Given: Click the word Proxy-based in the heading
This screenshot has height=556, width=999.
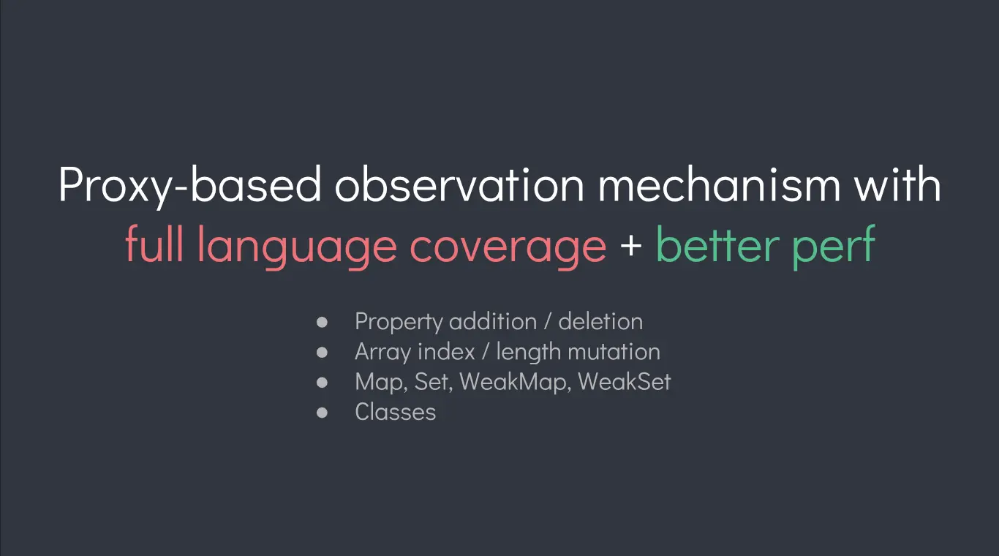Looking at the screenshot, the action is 189,185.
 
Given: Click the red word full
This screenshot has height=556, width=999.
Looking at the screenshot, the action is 154,244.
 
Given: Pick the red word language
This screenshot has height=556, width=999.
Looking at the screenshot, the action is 297,247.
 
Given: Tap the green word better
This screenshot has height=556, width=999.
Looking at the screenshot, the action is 718,244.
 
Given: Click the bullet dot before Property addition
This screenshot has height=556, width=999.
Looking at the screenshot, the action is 322,322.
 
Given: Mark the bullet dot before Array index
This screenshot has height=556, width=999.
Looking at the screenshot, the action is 322,353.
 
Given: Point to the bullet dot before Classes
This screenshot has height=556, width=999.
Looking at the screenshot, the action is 322,413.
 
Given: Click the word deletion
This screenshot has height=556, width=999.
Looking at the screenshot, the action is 600,321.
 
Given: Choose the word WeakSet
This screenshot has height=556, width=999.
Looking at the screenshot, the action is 625,382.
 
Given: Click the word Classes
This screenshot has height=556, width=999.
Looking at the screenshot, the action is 396,411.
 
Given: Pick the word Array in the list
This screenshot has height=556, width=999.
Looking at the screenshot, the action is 383,353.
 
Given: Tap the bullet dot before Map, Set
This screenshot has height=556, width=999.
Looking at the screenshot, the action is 322,383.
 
